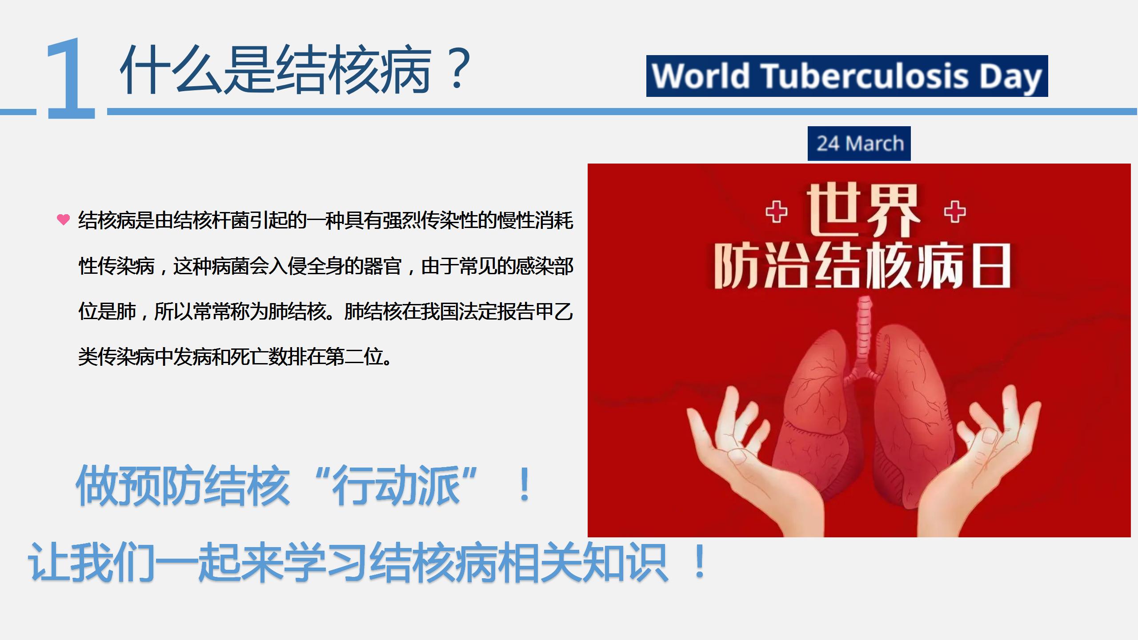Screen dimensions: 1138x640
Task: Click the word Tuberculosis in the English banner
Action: pos(866,76)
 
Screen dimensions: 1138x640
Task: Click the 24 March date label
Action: pos(859,144)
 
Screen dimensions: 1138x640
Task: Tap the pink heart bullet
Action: pos(64,220)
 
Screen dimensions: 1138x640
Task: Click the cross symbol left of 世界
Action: pos(776,212)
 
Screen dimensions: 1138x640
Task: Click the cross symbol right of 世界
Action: pos(955,212)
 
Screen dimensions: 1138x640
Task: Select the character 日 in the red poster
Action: pos(992,266)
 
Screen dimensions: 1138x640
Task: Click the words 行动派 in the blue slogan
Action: pos(397,485)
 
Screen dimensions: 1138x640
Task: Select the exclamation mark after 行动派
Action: pos(525,485)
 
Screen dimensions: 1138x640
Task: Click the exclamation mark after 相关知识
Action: pos(700,561)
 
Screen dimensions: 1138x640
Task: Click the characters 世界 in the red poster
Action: pos(863,210)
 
